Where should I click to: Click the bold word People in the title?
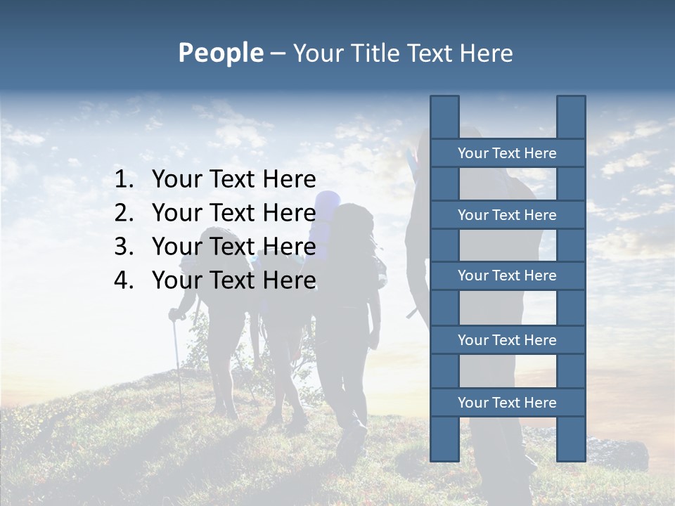220,53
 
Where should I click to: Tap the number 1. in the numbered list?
124,180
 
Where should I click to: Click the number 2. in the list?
124,213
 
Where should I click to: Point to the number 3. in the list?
124,247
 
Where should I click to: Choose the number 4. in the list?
124,280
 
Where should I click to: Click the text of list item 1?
233,180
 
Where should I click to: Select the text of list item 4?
233,280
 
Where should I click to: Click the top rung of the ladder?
507,153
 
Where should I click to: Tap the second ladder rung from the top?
507,215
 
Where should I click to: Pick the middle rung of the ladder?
507,275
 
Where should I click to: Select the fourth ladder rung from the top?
507,340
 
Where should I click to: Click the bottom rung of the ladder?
507,403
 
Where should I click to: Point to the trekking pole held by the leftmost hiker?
177,358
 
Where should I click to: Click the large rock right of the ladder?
619,453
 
